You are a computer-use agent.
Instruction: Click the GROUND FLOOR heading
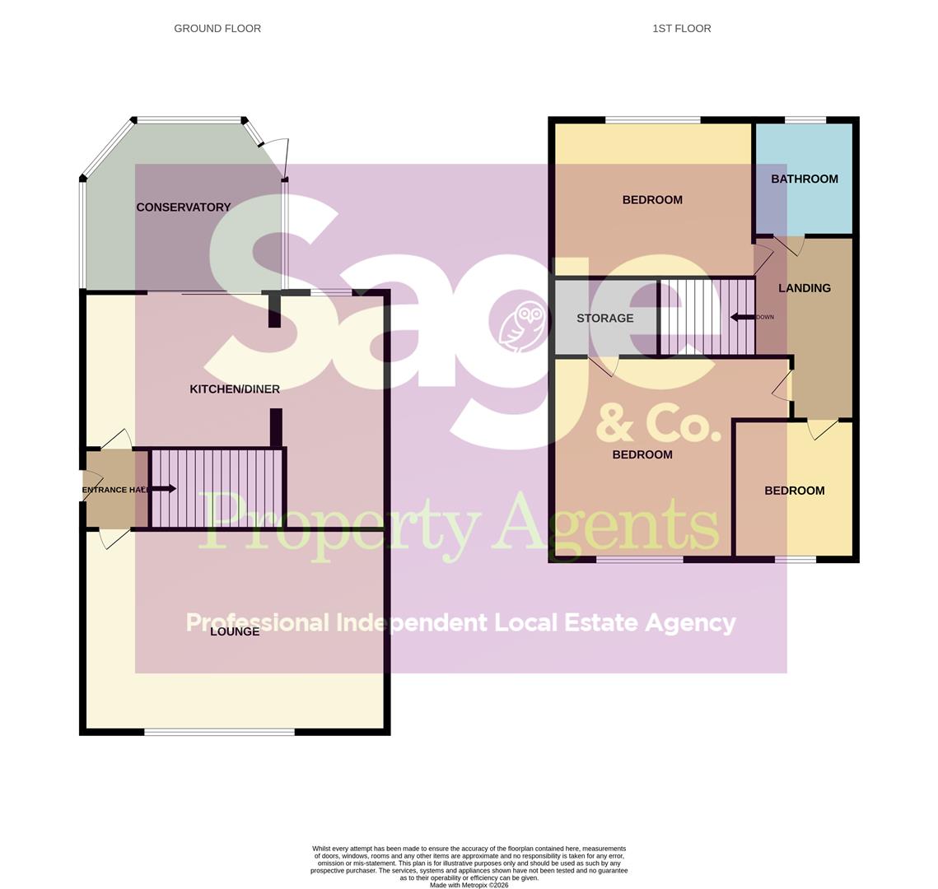[217, 29]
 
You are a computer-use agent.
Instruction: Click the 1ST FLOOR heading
[681, 29]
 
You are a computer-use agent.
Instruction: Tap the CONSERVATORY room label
[183, 207]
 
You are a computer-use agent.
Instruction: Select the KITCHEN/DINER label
[235, 389]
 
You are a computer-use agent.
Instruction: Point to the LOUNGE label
[235, 631]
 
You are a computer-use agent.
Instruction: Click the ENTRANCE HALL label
[116, 490]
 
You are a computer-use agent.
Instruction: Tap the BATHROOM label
[804, 179]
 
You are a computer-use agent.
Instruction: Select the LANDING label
[804, 288]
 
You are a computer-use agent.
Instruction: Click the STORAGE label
[604, 319]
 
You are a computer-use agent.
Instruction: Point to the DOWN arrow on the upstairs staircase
[744, 317]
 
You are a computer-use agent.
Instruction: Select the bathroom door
[788, 244]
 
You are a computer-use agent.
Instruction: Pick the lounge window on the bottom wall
[219, 731]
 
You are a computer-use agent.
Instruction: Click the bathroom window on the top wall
[805, 120]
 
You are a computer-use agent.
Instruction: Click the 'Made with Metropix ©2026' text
[469, 886]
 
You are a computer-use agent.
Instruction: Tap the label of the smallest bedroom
[794, 491]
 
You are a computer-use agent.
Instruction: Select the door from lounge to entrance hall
[114, 538]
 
